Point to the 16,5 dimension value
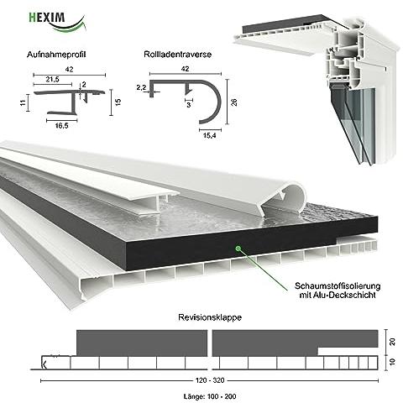coord(57,124)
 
